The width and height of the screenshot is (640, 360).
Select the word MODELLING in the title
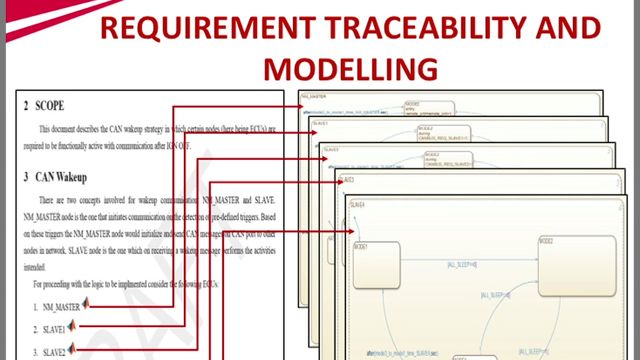350,67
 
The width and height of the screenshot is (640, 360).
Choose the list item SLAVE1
55,329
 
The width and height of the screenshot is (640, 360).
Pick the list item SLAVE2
55,352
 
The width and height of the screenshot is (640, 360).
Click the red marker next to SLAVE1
78,328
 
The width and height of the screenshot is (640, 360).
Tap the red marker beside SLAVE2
78,351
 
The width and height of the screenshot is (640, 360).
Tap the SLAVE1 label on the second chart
321,123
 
